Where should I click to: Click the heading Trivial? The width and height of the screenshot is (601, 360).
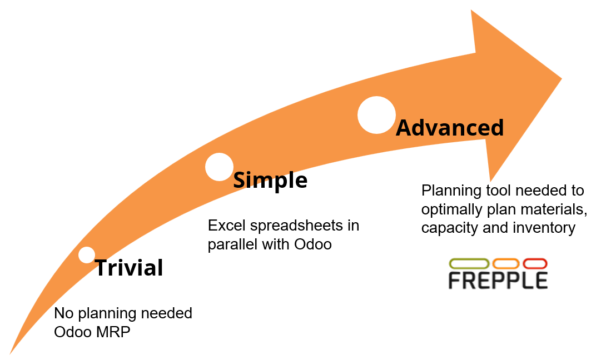[129, 268]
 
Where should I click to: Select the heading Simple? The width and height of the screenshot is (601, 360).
[270, 180]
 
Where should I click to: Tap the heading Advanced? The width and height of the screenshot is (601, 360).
[449, 128]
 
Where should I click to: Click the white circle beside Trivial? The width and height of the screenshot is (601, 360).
[87, 255]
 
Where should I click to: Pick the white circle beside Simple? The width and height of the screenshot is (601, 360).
[219, 167]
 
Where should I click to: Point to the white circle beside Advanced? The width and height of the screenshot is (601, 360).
[376, 115]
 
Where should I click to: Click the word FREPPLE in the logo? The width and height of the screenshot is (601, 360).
[498, 280]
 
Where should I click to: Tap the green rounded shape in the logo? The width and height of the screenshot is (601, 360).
[469, 263]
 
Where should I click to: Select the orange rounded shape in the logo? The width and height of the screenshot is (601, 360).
[506, 263]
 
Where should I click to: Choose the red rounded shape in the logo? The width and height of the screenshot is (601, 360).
[535, 263]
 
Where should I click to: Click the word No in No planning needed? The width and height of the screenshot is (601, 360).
[62, 313]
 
